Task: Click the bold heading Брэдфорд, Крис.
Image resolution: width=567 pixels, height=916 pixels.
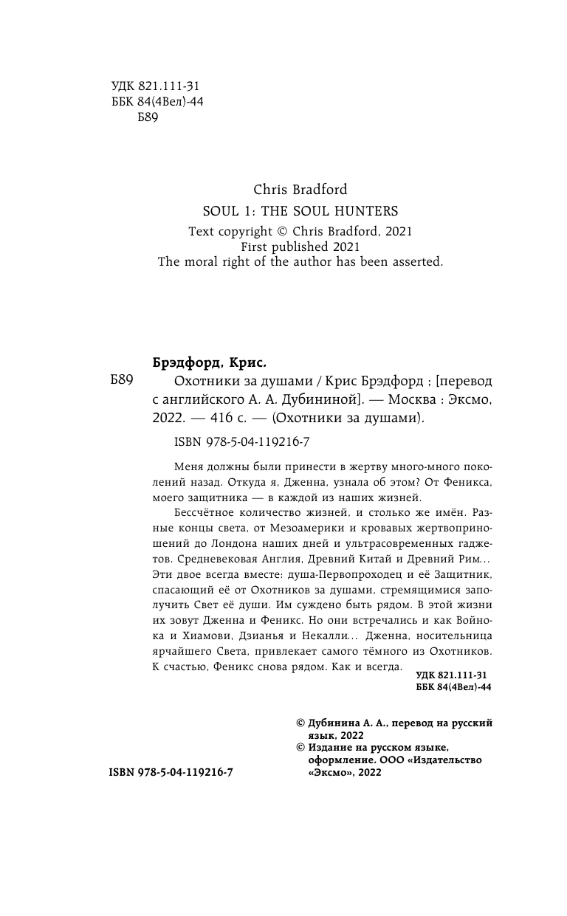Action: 208,362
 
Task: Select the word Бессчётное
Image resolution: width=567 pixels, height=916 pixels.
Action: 204,511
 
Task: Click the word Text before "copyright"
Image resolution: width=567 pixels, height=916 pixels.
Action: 201,231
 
